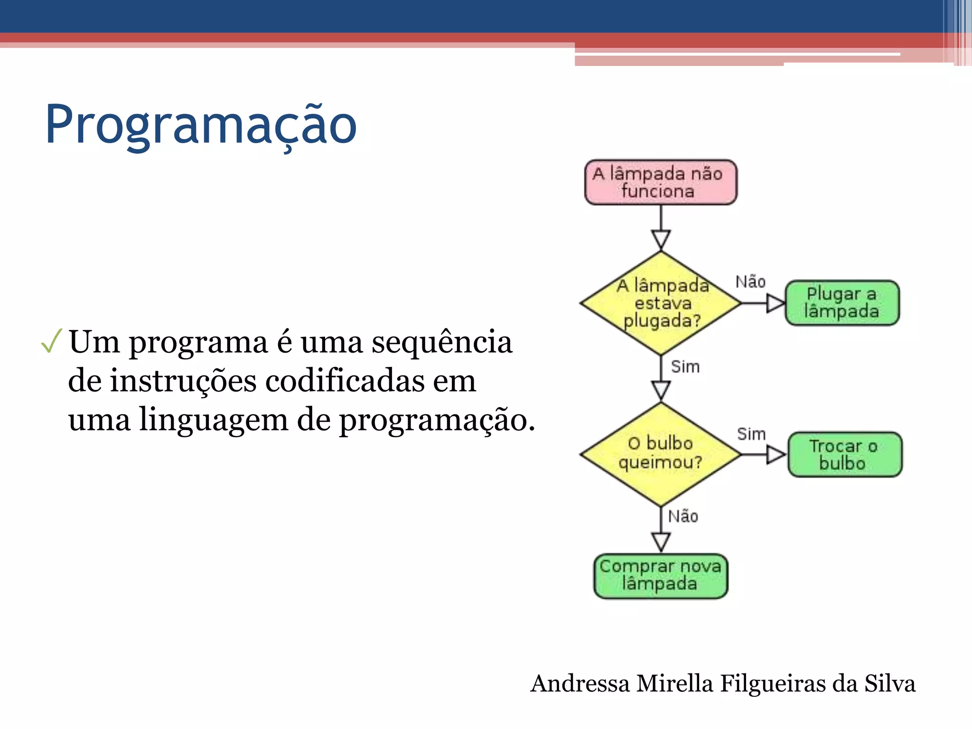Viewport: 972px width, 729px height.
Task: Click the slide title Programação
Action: coord(200,124)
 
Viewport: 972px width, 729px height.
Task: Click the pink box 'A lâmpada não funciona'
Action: coord(660,182)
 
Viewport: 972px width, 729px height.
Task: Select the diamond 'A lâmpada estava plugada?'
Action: coord(660,303)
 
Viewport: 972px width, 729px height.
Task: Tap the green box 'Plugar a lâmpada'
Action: coord(842,303)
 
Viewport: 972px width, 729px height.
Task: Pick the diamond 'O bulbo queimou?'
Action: coord(660,454)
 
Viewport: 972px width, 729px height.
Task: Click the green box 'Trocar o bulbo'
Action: coord(844,454)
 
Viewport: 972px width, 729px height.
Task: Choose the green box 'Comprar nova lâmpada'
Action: coord(660,576)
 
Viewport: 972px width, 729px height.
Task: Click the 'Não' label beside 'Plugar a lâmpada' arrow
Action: coord(750,282)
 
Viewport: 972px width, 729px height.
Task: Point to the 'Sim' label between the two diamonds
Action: coord(685,367)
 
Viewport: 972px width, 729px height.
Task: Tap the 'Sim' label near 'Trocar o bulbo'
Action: coord(751,434)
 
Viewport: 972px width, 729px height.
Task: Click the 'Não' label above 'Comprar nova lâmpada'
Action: coord(683,516)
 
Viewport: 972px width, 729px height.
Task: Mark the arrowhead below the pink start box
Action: coord(661,239)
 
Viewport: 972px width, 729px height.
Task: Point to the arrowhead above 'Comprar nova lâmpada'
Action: coord(661,541)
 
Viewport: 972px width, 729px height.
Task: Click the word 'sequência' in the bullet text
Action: coord(441,342)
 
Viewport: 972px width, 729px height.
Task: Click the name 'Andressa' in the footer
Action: coord(580,684)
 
